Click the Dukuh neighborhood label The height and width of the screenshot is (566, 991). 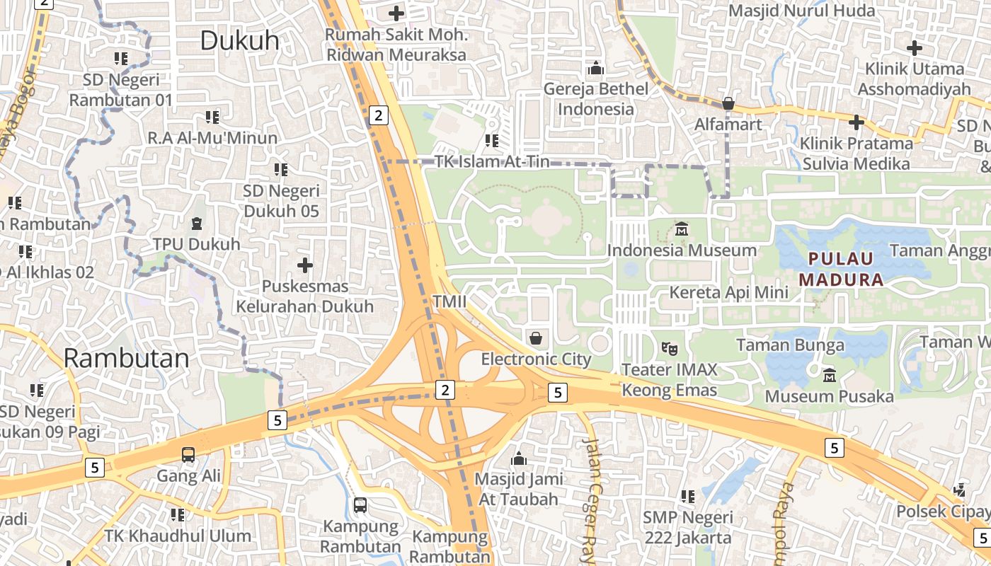click(x=239, y=40)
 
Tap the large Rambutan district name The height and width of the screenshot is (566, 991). click(x=126, y=358)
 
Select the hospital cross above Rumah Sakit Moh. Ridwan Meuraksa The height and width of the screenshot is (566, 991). click(x=396, y=13)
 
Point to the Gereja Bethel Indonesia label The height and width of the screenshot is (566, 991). click(x=595, y=99)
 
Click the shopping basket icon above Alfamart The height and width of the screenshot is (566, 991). click(x=728, y=104)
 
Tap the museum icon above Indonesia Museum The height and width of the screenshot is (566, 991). click(x=682, y=229)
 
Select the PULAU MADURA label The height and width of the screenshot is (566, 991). click(x=842, y=269)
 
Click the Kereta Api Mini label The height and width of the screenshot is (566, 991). click(x=728, y=292)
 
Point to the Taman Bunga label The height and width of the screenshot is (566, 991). click(x=790, y=345)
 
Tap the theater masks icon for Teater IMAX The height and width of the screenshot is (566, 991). click(x=668, y=348)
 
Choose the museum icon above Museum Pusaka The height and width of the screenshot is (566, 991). click(x=829, y=374)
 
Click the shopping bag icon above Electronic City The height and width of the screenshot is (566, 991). click(x=536, y=337)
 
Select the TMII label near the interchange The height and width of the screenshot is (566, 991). click(x=449, y=302)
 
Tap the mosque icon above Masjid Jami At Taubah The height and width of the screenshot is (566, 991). click(x=519, y=458)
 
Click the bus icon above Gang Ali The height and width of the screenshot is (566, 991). click(x=188, y=455)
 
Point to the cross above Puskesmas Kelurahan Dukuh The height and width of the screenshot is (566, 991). click(x=305, y=265)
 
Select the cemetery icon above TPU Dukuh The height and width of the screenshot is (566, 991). click(x=196, y=224)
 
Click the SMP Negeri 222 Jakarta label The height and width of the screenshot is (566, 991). click(x=688, y=527)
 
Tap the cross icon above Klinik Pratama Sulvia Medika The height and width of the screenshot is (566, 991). click(x=857, y=122)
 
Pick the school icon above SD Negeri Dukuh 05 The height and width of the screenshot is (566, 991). click(x=281, y=170)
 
